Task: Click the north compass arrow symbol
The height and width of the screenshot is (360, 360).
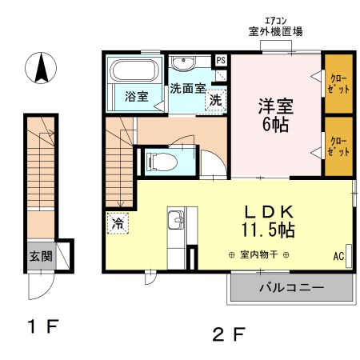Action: tap(40, 68)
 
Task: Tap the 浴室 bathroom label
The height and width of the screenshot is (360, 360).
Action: tap(136, 97)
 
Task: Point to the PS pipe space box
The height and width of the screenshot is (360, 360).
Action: tap(221, 60)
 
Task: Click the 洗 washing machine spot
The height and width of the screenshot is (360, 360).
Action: tap(214, 100)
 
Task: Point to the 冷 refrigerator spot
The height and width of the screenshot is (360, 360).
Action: tap(118, 224)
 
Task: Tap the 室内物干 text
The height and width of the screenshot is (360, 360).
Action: tap(258, 255)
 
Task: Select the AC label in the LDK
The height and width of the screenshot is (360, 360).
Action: tap(338, 256)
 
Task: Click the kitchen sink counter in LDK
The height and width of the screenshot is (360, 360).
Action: tap(175, 228)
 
